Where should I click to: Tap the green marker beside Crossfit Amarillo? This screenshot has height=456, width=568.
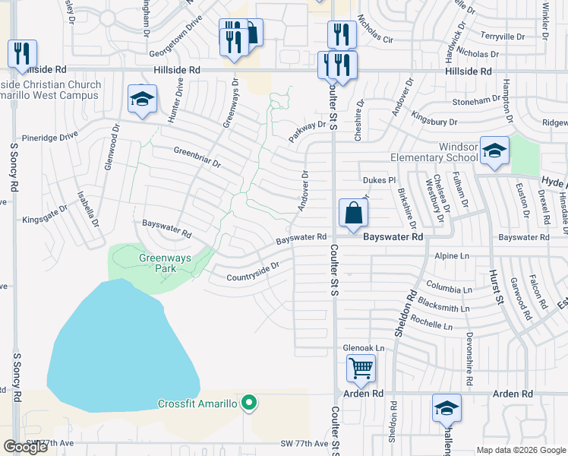tap(248, 403)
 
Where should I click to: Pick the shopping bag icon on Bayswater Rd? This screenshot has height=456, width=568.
tap(354, 213)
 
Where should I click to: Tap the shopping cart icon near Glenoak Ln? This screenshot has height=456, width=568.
tap(361, 370)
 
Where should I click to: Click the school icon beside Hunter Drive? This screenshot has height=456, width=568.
tap(142, 100)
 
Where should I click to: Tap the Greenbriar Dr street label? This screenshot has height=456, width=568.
tap(197, 156)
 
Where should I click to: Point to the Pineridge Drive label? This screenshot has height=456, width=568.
tap(50, 137)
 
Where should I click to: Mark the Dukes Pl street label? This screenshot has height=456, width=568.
tap(380, 180)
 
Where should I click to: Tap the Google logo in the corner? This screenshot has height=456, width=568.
tap(25, 447)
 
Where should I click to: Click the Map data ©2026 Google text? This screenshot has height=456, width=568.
tap(521, 450)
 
